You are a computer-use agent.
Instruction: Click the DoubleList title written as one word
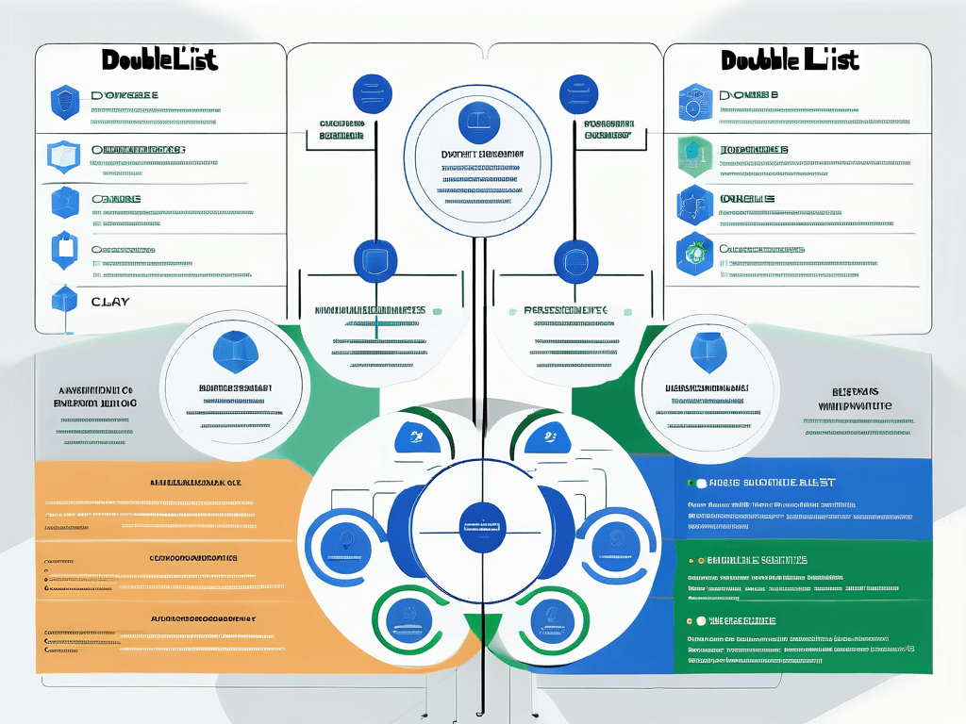coord(158,59)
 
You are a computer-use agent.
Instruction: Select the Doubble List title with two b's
coord(790,59)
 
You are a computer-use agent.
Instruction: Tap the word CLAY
coord(110,302)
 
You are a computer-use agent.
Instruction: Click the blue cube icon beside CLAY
coord(64,301)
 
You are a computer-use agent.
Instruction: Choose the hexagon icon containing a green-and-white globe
coord(694,252)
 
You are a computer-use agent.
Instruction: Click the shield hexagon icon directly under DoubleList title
coord(64,103)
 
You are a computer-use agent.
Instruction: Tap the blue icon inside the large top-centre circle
coord(472,123)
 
